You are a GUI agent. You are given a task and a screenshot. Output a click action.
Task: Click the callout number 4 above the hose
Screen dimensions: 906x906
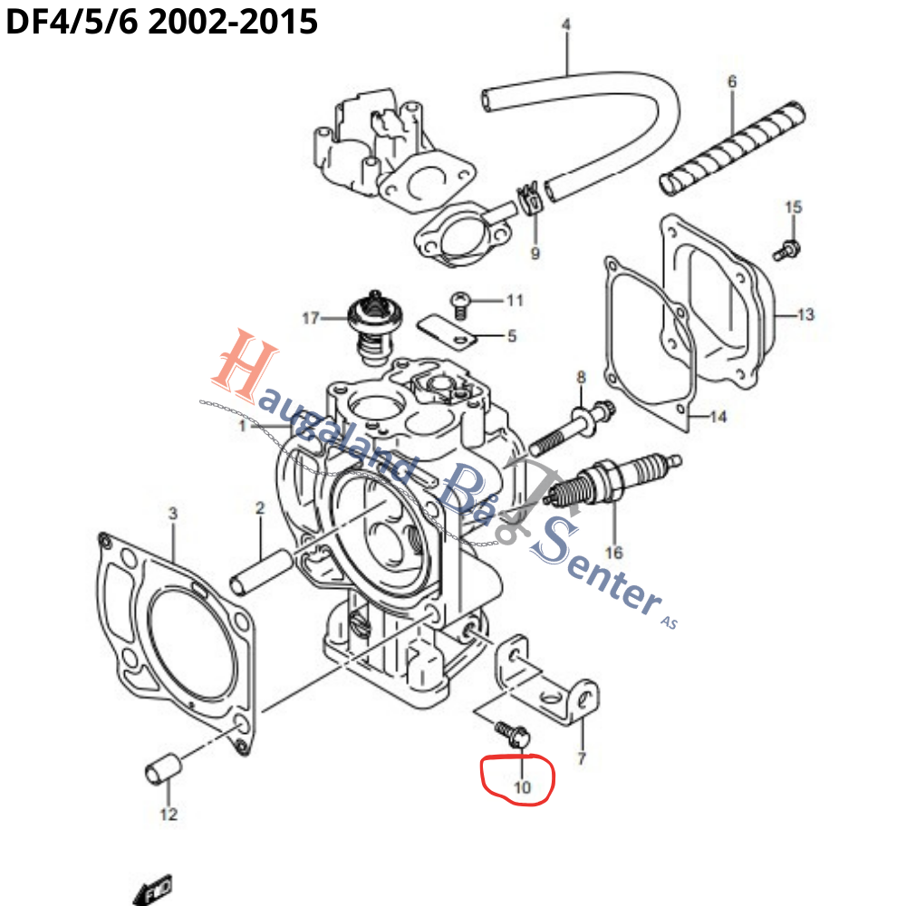point(566,24)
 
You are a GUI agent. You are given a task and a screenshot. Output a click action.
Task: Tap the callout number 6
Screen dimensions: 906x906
point(732,82)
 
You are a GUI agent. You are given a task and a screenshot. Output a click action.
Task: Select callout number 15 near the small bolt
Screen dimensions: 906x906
point(793,207)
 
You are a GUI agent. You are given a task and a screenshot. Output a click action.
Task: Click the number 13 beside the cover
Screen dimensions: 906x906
point(805,315)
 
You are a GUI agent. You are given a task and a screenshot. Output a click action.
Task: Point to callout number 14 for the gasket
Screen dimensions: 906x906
point(718,418)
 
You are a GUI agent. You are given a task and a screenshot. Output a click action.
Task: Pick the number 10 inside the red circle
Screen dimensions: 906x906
point(522,787)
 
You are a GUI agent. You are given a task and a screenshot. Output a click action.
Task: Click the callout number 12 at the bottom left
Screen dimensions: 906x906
point(169,814)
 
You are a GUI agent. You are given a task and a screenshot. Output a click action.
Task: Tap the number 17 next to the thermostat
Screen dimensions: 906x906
point(311,318)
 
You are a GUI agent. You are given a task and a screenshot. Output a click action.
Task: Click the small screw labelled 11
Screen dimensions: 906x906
point(460,303)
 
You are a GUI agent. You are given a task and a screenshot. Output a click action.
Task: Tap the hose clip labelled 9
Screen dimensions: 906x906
point(532,200)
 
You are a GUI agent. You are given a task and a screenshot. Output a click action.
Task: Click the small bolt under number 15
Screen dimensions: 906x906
point(787,247)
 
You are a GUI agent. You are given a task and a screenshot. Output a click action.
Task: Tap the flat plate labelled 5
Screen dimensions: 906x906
point(448,331)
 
